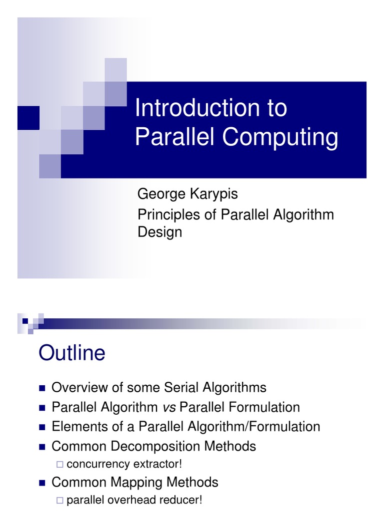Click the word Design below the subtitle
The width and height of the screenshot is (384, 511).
point(159,232)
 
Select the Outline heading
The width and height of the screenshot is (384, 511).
point(72,353)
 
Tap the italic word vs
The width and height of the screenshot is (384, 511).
point(168,407)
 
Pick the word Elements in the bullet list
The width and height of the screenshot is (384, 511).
point(78,427)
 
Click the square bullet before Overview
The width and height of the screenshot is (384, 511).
point(41,388)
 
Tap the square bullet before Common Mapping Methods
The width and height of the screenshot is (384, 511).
point(41,483)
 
